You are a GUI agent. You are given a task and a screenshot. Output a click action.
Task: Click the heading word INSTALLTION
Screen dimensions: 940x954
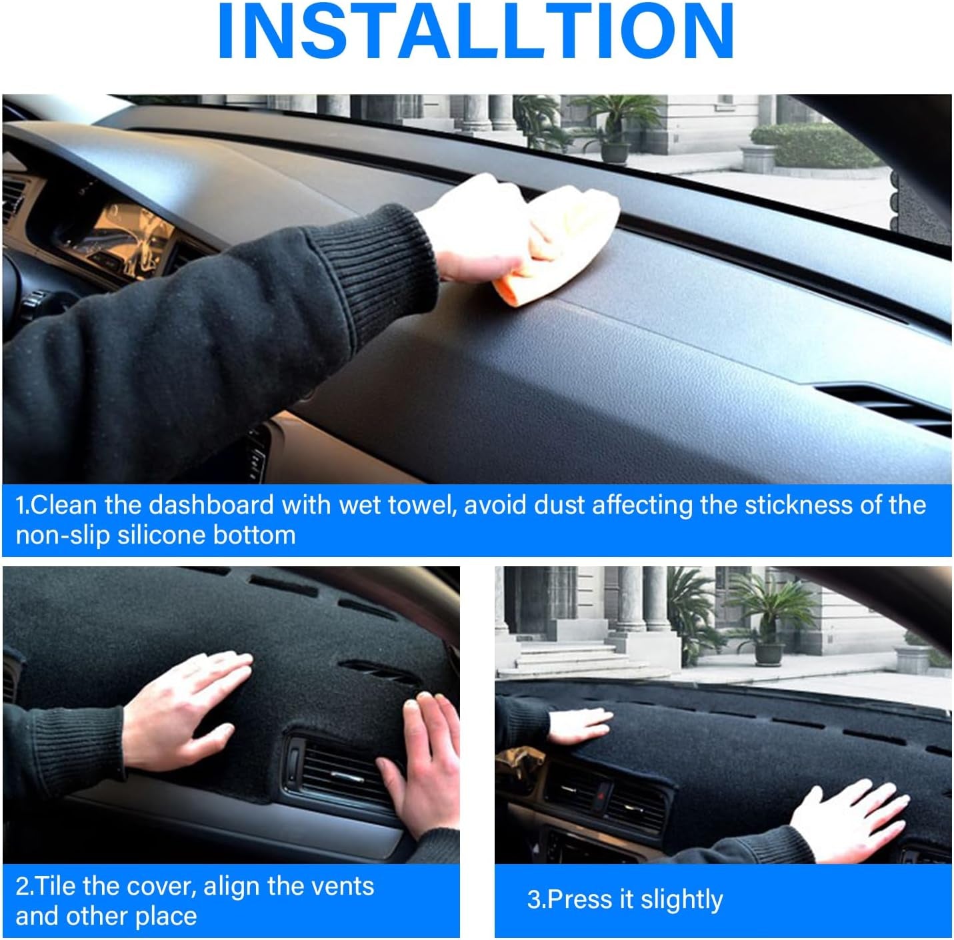475,31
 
